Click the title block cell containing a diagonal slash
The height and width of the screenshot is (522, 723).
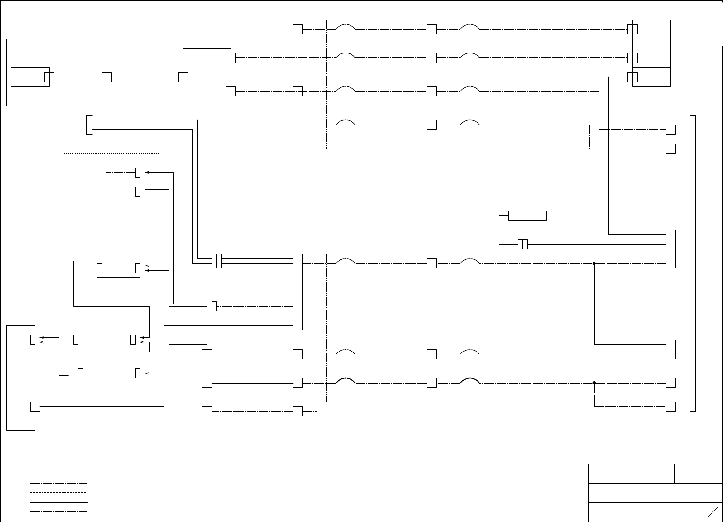point(712,512)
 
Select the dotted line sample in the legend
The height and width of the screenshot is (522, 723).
point(59,492)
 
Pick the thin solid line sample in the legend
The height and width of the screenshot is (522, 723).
point(59,474)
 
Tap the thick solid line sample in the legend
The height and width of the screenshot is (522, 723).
point(59,502)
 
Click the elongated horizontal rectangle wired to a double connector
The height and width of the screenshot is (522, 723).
point(527,215)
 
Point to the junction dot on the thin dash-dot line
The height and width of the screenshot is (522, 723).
point(594,263)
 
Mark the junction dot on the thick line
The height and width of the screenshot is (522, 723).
point(594,383)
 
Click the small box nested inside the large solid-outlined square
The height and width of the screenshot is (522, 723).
point(30,77)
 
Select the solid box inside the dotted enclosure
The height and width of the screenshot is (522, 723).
point(118,263)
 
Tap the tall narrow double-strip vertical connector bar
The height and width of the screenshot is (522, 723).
point(298,292)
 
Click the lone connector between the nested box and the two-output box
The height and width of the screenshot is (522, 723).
point(106,77)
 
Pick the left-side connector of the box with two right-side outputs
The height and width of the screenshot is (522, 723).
point(183,77)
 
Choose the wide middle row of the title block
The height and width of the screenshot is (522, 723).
point(655,493)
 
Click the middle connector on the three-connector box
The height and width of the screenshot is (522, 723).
point(207,383)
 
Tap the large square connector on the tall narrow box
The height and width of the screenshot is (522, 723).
point(35,406)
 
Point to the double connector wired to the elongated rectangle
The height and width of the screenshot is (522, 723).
point(522,244)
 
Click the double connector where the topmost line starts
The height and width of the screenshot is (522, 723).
point(298,29)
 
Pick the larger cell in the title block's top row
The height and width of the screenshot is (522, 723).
point(631,473)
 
